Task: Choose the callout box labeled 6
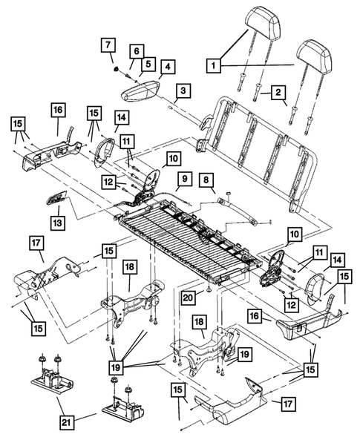(137, 51)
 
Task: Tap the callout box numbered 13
(58, 220)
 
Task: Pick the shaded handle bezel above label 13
(57, 198)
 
